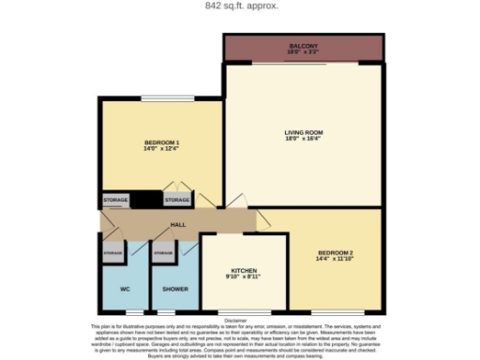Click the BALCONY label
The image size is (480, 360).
(304, 44)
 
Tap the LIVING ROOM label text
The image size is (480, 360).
(303, 132)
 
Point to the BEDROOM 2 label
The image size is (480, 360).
(335, 254)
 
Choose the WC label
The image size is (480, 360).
(124, 289)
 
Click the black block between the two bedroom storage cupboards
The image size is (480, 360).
(145, 200)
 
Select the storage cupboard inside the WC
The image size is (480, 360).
(112, 254)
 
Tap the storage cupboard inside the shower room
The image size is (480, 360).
(164, 254)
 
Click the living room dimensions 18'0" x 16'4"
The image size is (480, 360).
(303, 141)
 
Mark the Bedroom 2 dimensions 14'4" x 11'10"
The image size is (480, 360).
(335, 262)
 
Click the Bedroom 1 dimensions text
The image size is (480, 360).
(161, 147)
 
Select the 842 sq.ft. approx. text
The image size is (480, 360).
(241, 5)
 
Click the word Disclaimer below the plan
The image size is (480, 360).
(239, 319)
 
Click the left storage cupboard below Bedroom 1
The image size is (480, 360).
(115, 200)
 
